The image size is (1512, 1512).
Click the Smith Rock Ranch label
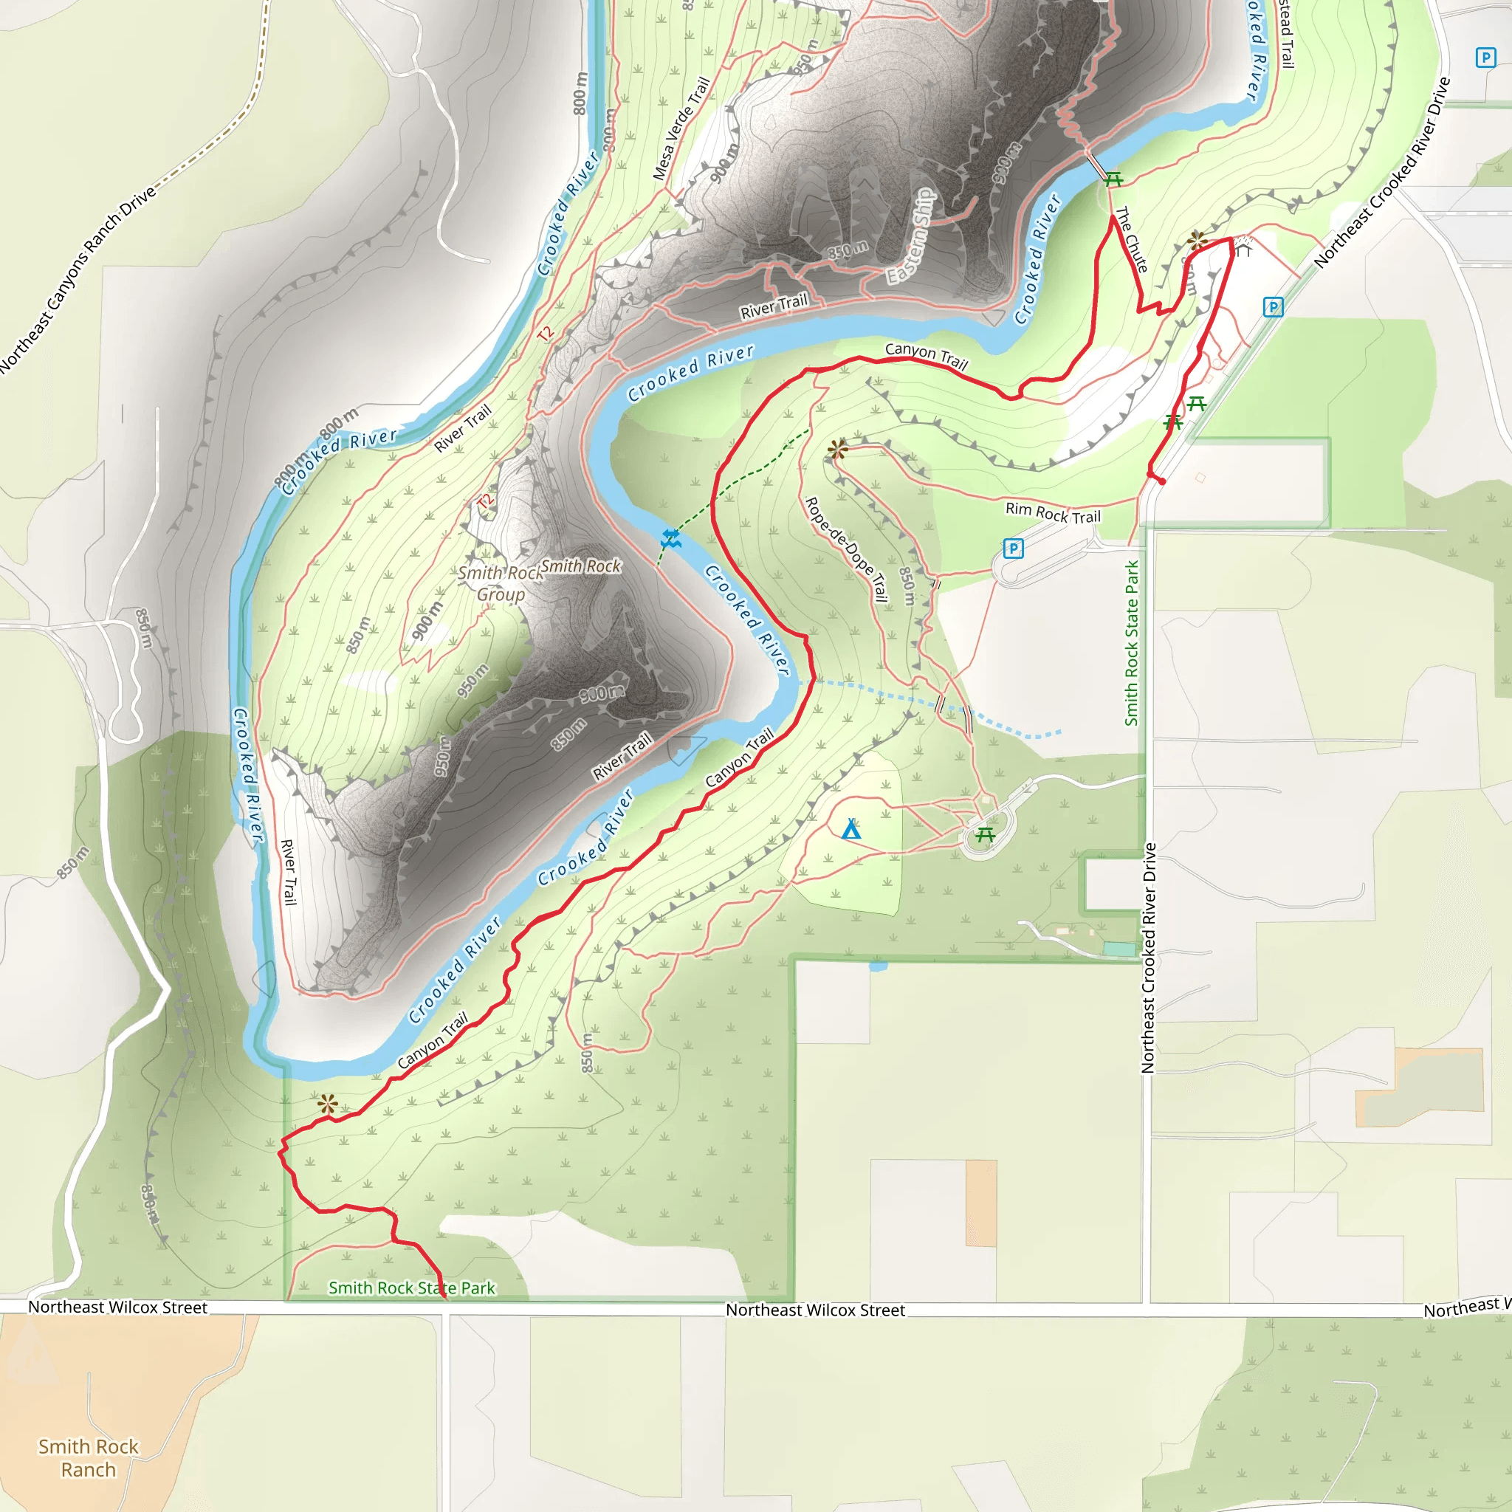click(x=89, y=1457)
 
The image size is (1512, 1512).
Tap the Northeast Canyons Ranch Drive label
click(x=78, y=278)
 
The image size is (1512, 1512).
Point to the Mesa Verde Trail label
click(x=681, y=128)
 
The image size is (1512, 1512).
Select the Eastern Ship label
click(x=911, y=236)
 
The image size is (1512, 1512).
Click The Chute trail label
click(x=1131, y=239)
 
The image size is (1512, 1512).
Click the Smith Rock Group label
click(x=501, y=583)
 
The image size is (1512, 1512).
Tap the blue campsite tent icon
click(x=851, y=830)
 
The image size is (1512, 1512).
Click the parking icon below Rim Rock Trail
click(x=1014, y=549)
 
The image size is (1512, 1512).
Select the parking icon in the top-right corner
click(x=1485, y=58)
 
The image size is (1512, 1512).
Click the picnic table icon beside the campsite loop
click(x=986, y=835)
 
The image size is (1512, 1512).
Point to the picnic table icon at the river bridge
click(x=1113, y=180)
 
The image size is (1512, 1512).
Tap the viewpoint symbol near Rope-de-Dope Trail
click(x=837, y=448)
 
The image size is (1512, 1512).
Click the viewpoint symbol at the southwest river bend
click(x=328, y=1105)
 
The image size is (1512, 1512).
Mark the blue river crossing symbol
click(x=670, y=538)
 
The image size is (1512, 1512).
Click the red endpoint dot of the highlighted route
click(x=1162, y=481)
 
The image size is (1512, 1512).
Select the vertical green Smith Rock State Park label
click(x=1132, y=643)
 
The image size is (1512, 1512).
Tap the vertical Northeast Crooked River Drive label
click(x=1148, y=957)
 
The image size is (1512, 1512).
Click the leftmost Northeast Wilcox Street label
click(x=117, y=1307)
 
